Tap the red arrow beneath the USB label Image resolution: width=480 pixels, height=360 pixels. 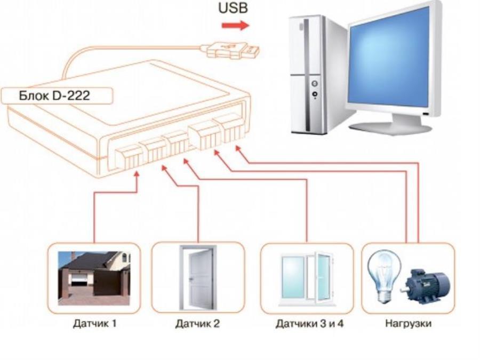pyautogui.click(x=235, y=25)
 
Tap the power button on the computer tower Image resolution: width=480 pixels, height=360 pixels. pyautogui.click(x=314, y=84)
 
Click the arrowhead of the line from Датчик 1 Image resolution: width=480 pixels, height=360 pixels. pyautogui.click(x=138, y=175)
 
